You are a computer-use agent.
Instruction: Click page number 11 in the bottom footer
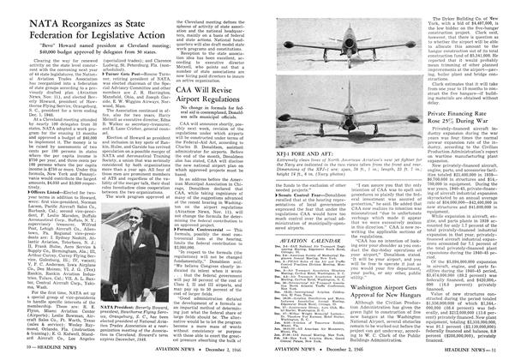tap(513, 351)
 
